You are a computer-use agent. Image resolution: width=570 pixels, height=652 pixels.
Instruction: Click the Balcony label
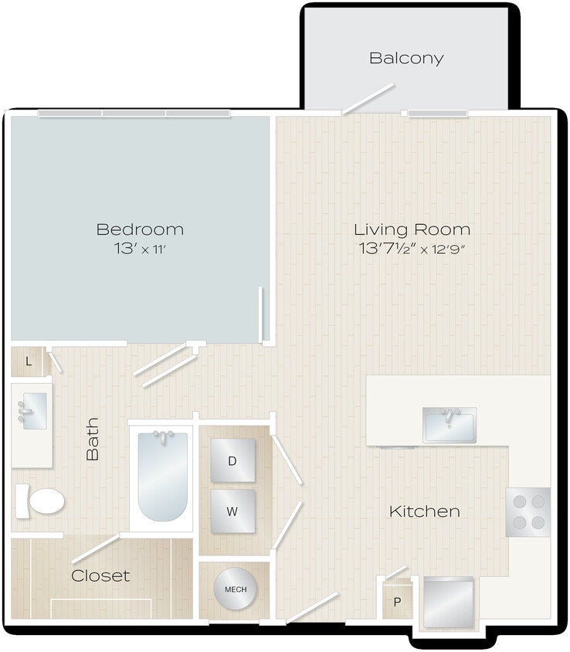pyautogui.click(x=405, y=58)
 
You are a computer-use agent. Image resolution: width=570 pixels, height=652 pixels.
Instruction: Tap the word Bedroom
pyautogui.click(x=140, y=229)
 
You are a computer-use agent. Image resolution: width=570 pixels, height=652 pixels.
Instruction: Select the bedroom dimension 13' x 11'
pyautogui.click(x=140, y=250)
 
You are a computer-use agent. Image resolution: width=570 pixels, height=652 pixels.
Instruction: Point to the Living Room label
pyautogui.click(x=412, y=229)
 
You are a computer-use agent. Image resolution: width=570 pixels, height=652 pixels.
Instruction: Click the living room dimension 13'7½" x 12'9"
pyautogui.click(x=412, y=250)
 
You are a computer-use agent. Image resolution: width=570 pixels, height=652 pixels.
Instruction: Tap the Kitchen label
pyautogui.click(x=424, y=511)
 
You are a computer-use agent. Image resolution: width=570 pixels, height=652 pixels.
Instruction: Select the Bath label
pyautogui.click(x=93, y=439)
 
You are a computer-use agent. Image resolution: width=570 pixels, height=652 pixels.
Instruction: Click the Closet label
pyautogui.click(x=100, y=576)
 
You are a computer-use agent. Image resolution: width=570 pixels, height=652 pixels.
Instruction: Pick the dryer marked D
pyautogui.click(x=232, y=460)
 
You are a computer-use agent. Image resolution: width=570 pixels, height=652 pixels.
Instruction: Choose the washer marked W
pyautogui.click(x=232, y=511)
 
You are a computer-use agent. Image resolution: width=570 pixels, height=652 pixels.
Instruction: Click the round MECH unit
pyautogui.click(x=236, y=590)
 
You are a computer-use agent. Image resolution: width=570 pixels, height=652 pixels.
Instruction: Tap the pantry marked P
pyautogui.click(x=397, y=602)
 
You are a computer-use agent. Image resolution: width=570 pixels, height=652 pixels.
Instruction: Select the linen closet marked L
pyautogui.click(x=29, y=362)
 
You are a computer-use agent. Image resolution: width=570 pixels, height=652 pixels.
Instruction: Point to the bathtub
pyautogui.click(x=163, y=476)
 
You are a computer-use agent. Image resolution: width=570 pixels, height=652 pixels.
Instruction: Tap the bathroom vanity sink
pyautogui.click(x=32, y=411)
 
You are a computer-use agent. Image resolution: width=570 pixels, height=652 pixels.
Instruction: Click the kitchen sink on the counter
pyautogui.click(x=449, y=424)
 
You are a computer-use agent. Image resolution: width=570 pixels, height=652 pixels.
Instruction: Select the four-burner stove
pyautogui.click(x=528, y=512)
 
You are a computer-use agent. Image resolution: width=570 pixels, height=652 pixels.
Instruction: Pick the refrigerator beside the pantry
pyautogui.click(x=449, y=602)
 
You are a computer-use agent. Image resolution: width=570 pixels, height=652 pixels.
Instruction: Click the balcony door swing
pyautogui.click(x=368, y=99)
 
